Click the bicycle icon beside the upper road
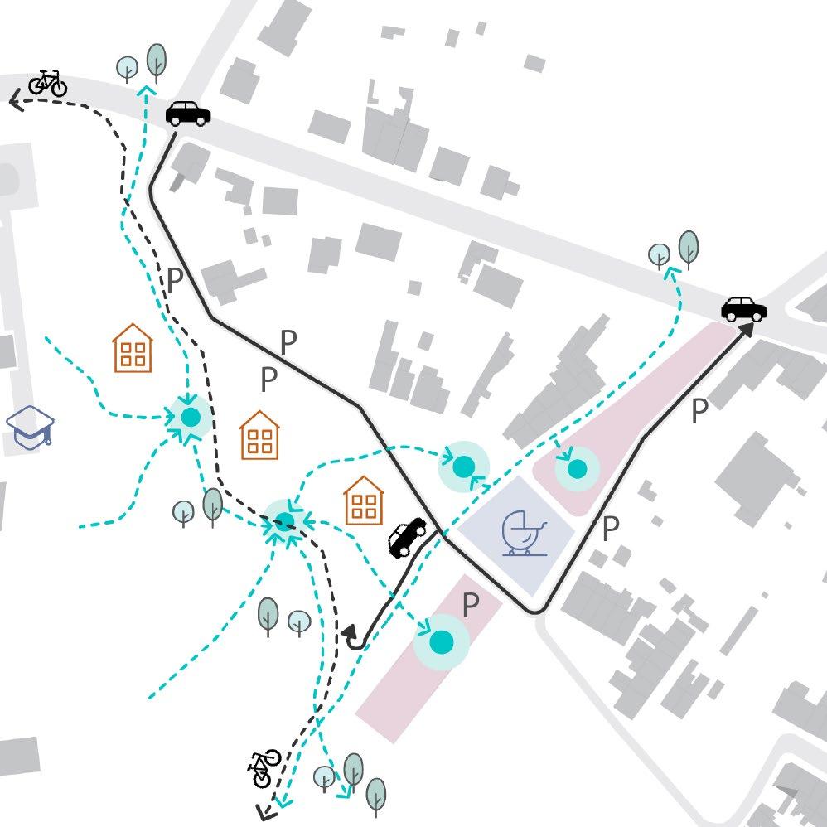click(48, 83)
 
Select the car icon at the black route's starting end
click(188, 113)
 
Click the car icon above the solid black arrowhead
click(743, 308)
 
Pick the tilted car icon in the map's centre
click(408, 537)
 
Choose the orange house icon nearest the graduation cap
click(133, 348)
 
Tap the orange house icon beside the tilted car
click(364, 500)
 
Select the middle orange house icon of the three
click(260, 435)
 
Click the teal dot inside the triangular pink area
click(577, 469)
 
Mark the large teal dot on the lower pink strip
click(442, 641)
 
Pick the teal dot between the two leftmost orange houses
click(191, 418)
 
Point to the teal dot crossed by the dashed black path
click(284, 520)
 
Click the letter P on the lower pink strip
click(471, 606)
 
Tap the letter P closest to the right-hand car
click(700, 410)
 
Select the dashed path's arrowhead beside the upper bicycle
click(16, 101)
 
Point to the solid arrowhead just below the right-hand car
click(747, 330)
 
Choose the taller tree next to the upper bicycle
click(155, 60)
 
